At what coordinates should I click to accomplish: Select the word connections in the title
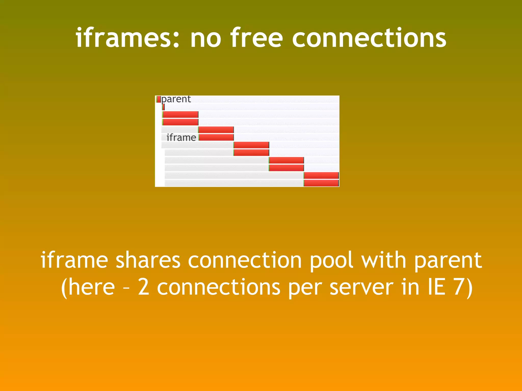tap(369, 38)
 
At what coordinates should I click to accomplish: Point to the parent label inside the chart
tap(176, 99)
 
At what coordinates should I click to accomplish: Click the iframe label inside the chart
tap(181, 137)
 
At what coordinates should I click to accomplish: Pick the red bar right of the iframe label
tap(216, 137)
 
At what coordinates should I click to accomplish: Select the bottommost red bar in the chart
tap(321, 183)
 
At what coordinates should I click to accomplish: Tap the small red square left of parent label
tap(159, 99)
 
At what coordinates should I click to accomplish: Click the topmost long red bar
tap(180, 115)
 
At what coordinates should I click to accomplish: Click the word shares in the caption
tap(148, 260)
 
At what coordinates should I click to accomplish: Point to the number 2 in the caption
tap(143, 287)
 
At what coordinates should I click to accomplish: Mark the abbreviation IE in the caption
tap(436, 287)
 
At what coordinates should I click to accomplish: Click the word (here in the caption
tap(88, 287)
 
